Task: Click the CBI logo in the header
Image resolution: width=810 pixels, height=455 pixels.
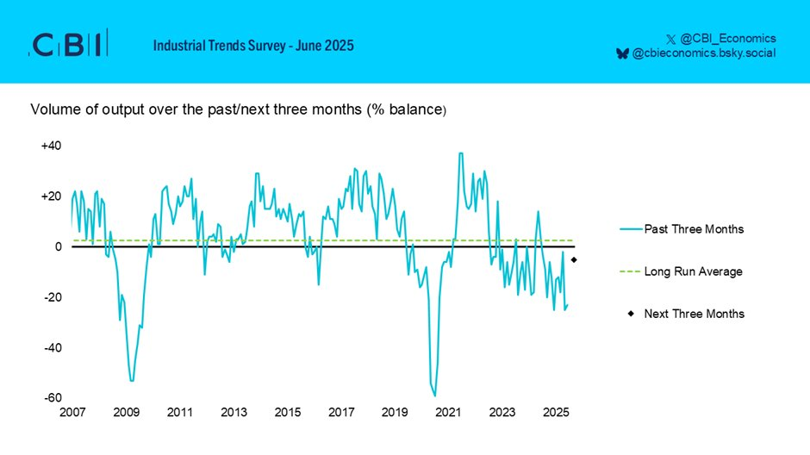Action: [69, 44]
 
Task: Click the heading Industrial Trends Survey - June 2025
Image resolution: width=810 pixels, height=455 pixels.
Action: [253, 45]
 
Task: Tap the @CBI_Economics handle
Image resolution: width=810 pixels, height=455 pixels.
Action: [728, 38]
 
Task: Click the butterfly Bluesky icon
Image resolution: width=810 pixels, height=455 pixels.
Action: [622, 53]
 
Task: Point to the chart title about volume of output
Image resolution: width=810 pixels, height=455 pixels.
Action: [239, 110]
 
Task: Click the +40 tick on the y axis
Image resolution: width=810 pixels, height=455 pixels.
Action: [51, 146]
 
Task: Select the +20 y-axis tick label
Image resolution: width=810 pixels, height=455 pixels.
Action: [51, 196]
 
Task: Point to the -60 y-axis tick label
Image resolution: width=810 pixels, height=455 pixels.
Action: [53, 398]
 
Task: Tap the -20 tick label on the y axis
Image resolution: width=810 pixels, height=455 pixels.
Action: [53, 297]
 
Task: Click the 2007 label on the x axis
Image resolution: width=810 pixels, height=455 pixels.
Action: [72, 413]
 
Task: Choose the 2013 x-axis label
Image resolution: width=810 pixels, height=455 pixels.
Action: [234, 413]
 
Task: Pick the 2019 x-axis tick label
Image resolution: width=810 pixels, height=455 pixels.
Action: [395, 413]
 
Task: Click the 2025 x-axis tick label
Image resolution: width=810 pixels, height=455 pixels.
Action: [556, 413]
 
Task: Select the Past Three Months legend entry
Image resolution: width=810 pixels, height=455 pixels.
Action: [694, 229]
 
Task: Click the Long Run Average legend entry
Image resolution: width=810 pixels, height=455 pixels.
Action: [693, 271]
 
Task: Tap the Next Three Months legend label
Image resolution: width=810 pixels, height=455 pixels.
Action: [694, 314]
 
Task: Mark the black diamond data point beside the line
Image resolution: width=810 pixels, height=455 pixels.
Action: [574, 260]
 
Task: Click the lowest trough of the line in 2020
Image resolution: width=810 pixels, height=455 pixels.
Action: [435, 396]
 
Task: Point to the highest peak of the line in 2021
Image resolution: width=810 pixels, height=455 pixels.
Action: [461, 153]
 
